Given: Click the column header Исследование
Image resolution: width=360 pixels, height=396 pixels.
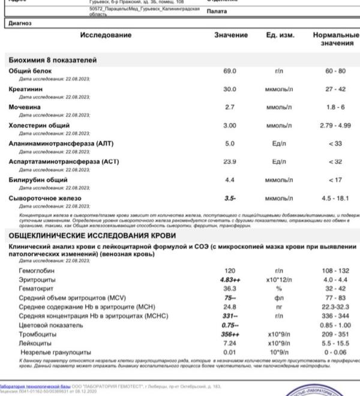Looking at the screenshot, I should click(106, 35).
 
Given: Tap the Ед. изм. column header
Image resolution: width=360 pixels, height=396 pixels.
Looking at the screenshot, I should click(280, 35).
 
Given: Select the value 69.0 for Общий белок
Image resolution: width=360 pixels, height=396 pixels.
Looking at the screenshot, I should click(230, 71).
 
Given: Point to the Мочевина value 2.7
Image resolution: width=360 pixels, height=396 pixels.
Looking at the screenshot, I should click(230, 107).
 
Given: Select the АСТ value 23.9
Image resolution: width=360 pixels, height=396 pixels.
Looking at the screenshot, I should click(230, 161).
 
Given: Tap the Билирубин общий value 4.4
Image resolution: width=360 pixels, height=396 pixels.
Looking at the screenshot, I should click(230, 179).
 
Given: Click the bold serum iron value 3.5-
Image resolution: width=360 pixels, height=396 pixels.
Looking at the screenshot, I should click(230, 198).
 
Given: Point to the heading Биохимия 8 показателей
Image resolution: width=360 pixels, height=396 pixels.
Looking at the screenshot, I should click(53, 60).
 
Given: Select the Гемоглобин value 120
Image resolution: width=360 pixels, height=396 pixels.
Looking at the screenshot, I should click(230, 271).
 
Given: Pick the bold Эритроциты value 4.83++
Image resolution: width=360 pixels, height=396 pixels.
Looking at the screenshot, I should click(230, 280).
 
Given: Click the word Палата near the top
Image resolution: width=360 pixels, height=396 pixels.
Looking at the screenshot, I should click(217, 11).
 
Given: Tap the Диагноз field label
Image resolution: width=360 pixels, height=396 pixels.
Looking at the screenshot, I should click(20, 23).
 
